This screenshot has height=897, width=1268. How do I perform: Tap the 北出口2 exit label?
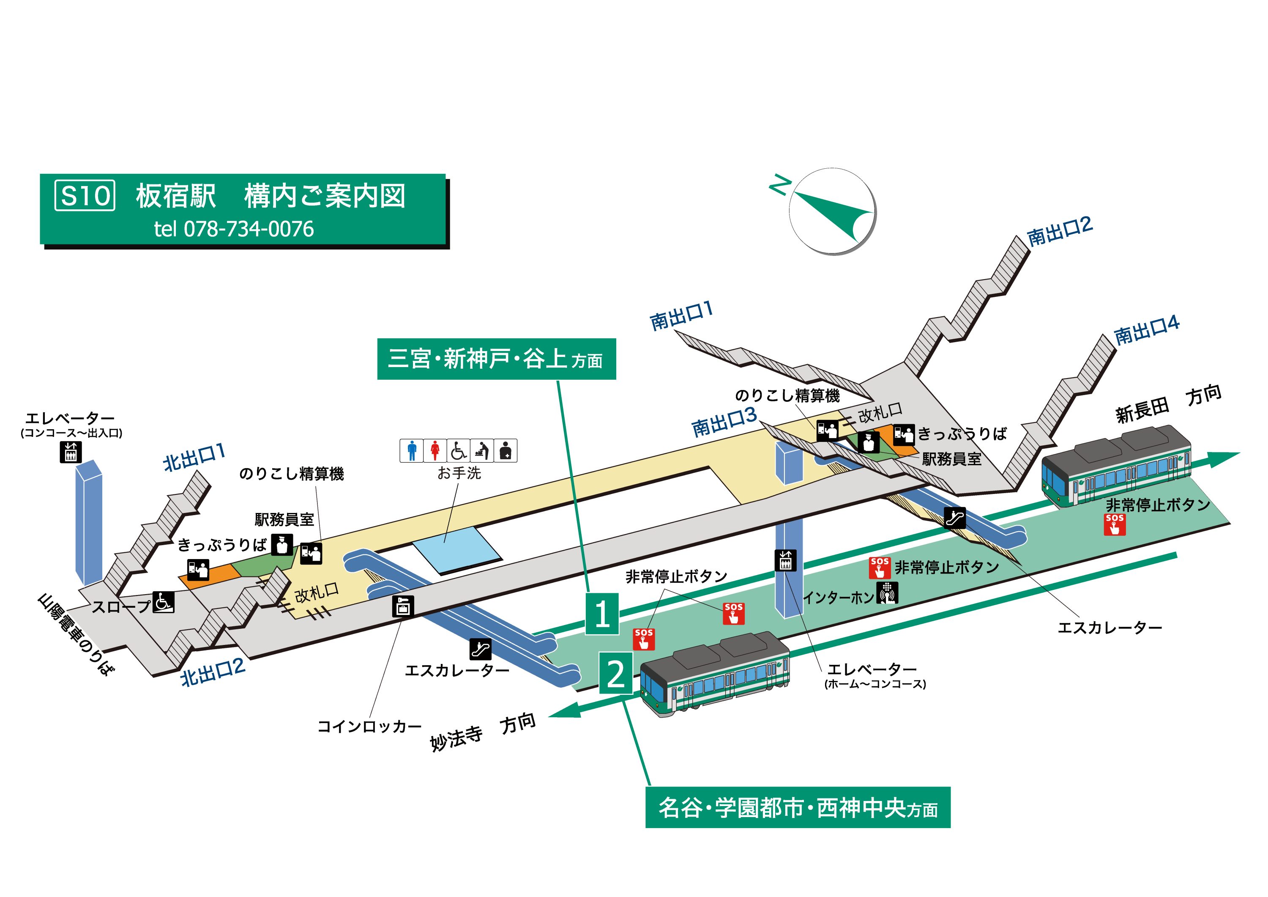[213, 672]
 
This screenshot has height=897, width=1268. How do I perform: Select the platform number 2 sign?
[616, 673]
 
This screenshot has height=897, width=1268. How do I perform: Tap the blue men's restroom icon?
[411, 450]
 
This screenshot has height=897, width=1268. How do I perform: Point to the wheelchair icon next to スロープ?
[164, 602]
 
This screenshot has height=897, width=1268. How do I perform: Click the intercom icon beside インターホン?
[887, 593]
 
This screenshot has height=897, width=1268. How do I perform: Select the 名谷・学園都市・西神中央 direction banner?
[798, 807]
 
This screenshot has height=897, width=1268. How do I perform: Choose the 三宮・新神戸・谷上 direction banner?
[496, 359]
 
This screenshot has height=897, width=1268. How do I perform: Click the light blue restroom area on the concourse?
[457, 549]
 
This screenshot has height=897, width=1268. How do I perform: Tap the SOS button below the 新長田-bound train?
[1115, 524]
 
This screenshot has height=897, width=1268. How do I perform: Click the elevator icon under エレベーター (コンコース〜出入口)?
[70, 452]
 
